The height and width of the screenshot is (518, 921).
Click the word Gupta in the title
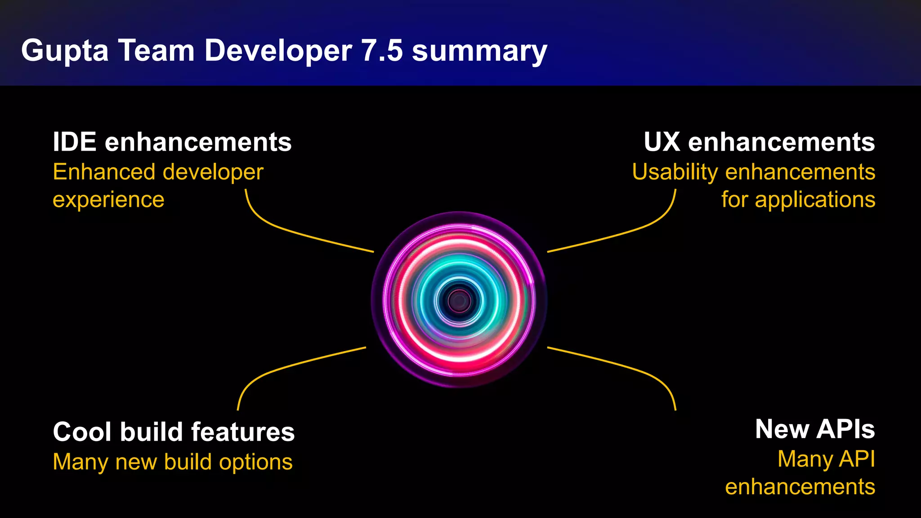click(x=65, y=50)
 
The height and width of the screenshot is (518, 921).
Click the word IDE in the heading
click(x=75, y=142)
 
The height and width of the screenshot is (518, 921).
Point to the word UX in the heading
click(x=662, y=142)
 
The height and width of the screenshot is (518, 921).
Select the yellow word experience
click(x=108, y=200)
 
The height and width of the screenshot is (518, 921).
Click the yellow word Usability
click(x=675, y=173)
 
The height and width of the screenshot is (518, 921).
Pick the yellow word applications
click(x=815, y=200)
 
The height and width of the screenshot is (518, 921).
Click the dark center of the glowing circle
click(x=459, y=300)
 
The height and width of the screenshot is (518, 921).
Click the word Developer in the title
click(x=278, y=50)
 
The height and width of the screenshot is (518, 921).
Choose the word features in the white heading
click(x=243, y=432)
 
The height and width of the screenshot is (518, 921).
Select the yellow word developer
click(x=213, y=173)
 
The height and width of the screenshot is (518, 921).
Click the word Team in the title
click(x=156, y=50)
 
